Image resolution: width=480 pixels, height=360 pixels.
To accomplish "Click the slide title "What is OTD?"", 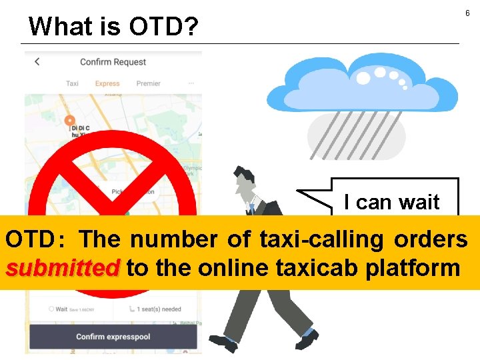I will coord(114,27).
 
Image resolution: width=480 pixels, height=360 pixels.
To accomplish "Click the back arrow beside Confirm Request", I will coord(37,61).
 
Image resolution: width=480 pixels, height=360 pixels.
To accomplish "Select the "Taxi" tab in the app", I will coord(72,84).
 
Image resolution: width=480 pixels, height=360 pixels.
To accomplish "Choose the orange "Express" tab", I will coord(107,84).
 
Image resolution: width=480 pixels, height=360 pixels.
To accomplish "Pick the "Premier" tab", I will coord(148,84).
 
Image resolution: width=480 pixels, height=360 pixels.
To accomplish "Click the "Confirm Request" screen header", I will coord(113,62).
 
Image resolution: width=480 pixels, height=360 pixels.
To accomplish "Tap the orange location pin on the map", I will coord(69,121).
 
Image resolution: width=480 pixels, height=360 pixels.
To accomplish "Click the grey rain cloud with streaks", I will coord(357,133).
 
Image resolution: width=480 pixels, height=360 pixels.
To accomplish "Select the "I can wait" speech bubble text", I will coord(391,202).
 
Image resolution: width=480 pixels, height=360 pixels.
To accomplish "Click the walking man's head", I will coord(244,180).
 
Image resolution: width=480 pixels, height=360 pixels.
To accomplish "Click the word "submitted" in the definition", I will coord(61,268).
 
